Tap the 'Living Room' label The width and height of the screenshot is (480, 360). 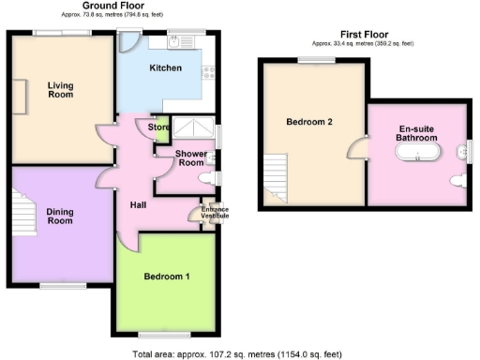tap(61, 89)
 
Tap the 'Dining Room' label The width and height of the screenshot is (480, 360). tap(60, 217)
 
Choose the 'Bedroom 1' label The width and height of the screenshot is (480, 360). tap(167, 277)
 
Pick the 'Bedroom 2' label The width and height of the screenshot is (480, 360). tap(309, 121)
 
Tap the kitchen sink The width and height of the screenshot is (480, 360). tap(177, 42)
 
